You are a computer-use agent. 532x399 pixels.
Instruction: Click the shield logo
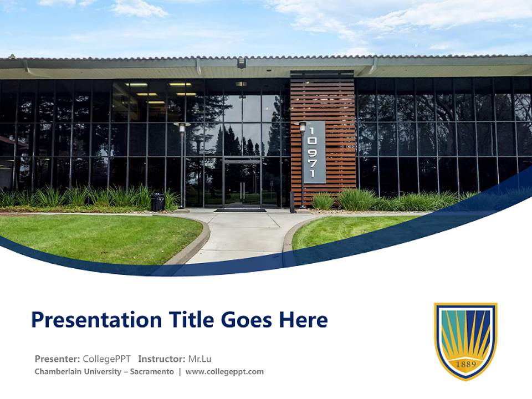(x=465, y=340)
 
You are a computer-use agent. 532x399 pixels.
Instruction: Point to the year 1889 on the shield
(x=465, y=364)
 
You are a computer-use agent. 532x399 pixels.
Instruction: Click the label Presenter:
(x=57, y=359)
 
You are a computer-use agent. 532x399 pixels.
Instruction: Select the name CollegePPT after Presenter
(x=106, y=359)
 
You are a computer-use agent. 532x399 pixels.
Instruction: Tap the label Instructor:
(x=162, y=359)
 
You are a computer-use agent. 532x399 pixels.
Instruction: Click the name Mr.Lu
(x=200, y=359)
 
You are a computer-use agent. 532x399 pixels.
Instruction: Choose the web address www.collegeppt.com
(x=224, y=371)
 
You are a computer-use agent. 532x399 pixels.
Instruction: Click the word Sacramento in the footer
(x=152, y=371)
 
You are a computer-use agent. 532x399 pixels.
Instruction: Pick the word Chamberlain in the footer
(x=59, y=371)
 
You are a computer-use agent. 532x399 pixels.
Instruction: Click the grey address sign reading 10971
(x=314, y=152)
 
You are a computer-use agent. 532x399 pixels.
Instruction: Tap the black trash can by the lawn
(x=158, y=202)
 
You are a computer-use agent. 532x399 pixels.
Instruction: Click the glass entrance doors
(x=242, y=183)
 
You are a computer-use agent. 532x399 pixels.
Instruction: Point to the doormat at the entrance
(x=240, y=210)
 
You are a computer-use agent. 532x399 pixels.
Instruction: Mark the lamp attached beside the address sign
(x=302, y=127)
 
